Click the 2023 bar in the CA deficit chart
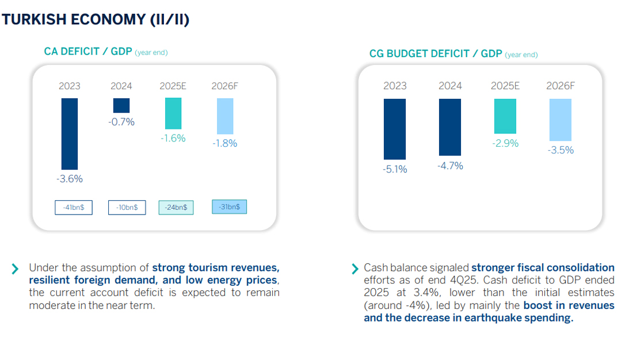coord(69,133)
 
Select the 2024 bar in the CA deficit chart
coord(121,105)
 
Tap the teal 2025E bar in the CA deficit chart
coord(173,113)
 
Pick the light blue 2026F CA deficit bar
coord(225,117)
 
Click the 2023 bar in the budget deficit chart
coord(394,129)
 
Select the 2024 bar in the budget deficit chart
coord(449,127)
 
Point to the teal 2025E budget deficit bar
coord(505,116)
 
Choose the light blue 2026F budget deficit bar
coord(560,120)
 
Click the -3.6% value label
coord(69,179)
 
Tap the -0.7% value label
coord(121,122)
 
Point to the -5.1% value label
coord(394,169)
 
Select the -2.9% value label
coord(505,143)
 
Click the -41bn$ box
coord(74,208)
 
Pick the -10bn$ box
coord(127,208)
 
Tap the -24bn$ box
coord(176,208)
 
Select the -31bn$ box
coord(229,206)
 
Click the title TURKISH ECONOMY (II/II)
coord(96,20)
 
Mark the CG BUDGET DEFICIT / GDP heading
coord(436,54)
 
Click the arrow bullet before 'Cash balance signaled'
coord(355,269)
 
